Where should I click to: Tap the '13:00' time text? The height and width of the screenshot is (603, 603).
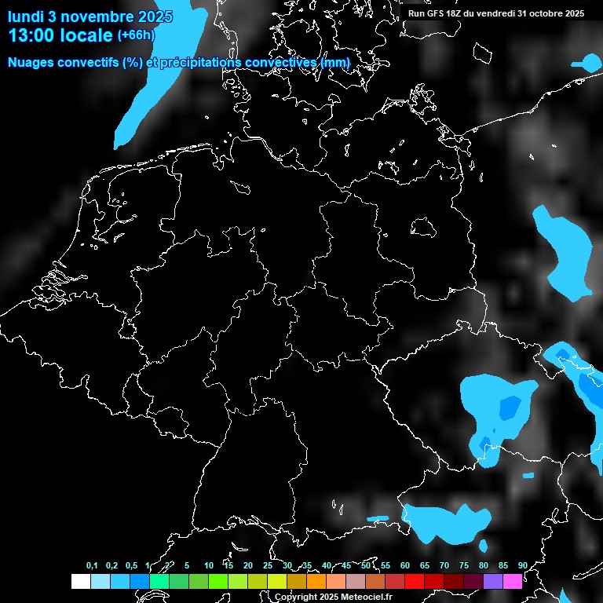pyautogui.click(x=31, y=35)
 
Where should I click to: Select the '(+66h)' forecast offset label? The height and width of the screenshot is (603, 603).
pyautogui.click(x=136, y=35)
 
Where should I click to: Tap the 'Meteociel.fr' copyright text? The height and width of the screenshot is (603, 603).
pyautogui.click(x=366, y=597)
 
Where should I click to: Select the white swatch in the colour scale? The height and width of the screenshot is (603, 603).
pyautogui.click(x=80, y=581)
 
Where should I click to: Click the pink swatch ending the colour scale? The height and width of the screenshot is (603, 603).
pyautogui.click(x=513, y=581)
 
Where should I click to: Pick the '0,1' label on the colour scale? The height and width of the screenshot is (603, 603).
pyautogui.click(x=92, y=565)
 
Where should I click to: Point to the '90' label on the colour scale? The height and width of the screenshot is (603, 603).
pyautogui.click(x=522, y=565)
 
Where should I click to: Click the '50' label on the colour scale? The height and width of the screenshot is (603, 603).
pyautogui.click(x=366, y=565)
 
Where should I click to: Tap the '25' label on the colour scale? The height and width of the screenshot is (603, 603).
pyautogui.click(x=268, y=565)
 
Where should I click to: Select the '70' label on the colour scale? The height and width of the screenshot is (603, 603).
pyautogui.click(x=444, y=565)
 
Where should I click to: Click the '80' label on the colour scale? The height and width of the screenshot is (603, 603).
pyautogui.click(x=484, y=565)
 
